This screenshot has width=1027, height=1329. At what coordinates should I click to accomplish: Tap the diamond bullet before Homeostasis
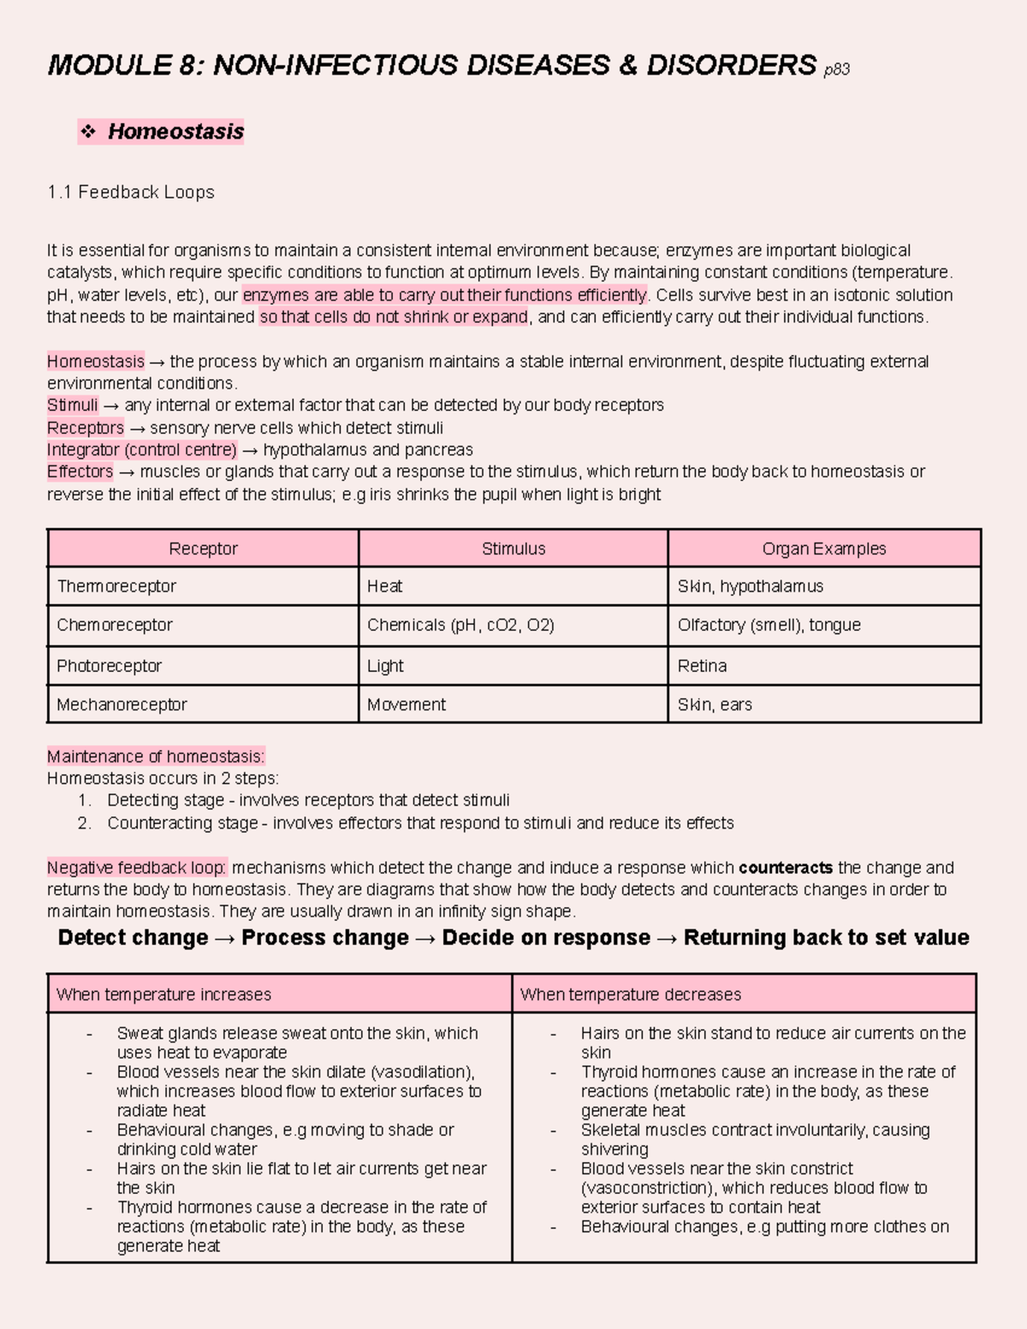tap(87, 132)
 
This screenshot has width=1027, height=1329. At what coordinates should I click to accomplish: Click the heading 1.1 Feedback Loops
tap(131, 193)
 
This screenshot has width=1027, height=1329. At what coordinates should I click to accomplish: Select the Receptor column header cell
tap(203, 549)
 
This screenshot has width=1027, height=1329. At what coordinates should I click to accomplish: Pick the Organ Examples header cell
tap(823, 549)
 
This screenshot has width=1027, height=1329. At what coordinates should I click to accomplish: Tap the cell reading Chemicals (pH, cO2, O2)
tap(460, 626)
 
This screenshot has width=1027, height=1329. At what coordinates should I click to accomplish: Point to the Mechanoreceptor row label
tap(122, 704)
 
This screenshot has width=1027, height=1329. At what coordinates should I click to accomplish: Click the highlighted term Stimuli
tap(73, 405)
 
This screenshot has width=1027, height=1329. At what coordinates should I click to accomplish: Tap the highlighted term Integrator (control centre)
tap(142, 450)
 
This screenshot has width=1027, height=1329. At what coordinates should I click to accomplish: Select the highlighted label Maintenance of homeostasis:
tap(156, 756)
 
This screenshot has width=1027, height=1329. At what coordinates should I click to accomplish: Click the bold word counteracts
tap(785, 868)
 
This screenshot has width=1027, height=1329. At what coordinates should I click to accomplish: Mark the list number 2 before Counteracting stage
tap(83, 823)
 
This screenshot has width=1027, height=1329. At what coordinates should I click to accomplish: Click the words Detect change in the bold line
tap(133, 938)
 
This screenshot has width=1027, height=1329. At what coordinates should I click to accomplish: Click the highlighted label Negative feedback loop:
tap(137, 868)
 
